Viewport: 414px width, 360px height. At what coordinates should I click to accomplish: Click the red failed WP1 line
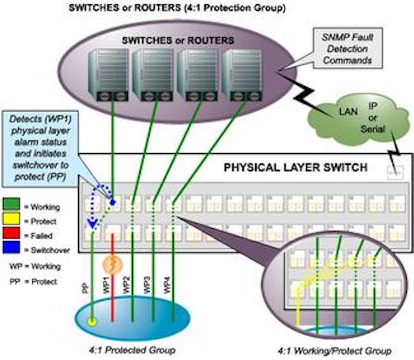[112, 293]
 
